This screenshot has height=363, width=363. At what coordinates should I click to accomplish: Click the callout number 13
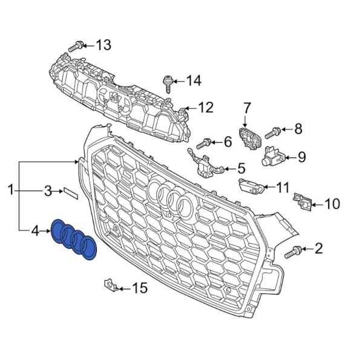[103, 45]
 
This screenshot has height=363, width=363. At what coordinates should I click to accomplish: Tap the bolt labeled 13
[76, 47]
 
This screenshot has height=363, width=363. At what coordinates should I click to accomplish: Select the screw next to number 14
[168, 84]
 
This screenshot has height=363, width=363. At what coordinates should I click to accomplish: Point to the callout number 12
[206, 108]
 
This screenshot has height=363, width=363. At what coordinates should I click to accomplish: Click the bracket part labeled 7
[250, 138]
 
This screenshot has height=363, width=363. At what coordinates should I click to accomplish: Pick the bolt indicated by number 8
[273, 133]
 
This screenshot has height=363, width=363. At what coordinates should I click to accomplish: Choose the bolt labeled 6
[204, 143]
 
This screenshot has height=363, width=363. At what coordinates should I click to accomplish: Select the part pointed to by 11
[251, 186]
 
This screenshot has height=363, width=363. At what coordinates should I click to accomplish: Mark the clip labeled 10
[302, 201]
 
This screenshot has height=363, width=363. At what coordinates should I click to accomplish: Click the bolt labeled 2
[293, 252]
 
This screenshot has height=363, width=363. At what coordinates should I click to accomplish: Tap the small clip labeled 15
[111, 286]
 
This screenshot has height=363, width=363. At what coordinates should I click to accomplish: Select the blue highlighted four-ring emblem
[74, 240]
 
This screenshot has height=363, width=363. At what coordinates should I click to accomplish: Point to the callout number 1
[11, 190]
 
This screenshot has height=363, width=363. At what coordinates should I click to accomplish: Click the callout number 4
[35, 231]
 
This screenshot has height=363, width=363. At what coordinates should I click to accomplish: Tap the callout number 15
[140, 288]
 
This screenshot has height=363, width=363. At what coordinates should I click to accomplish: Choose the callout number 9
[301, 157]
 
